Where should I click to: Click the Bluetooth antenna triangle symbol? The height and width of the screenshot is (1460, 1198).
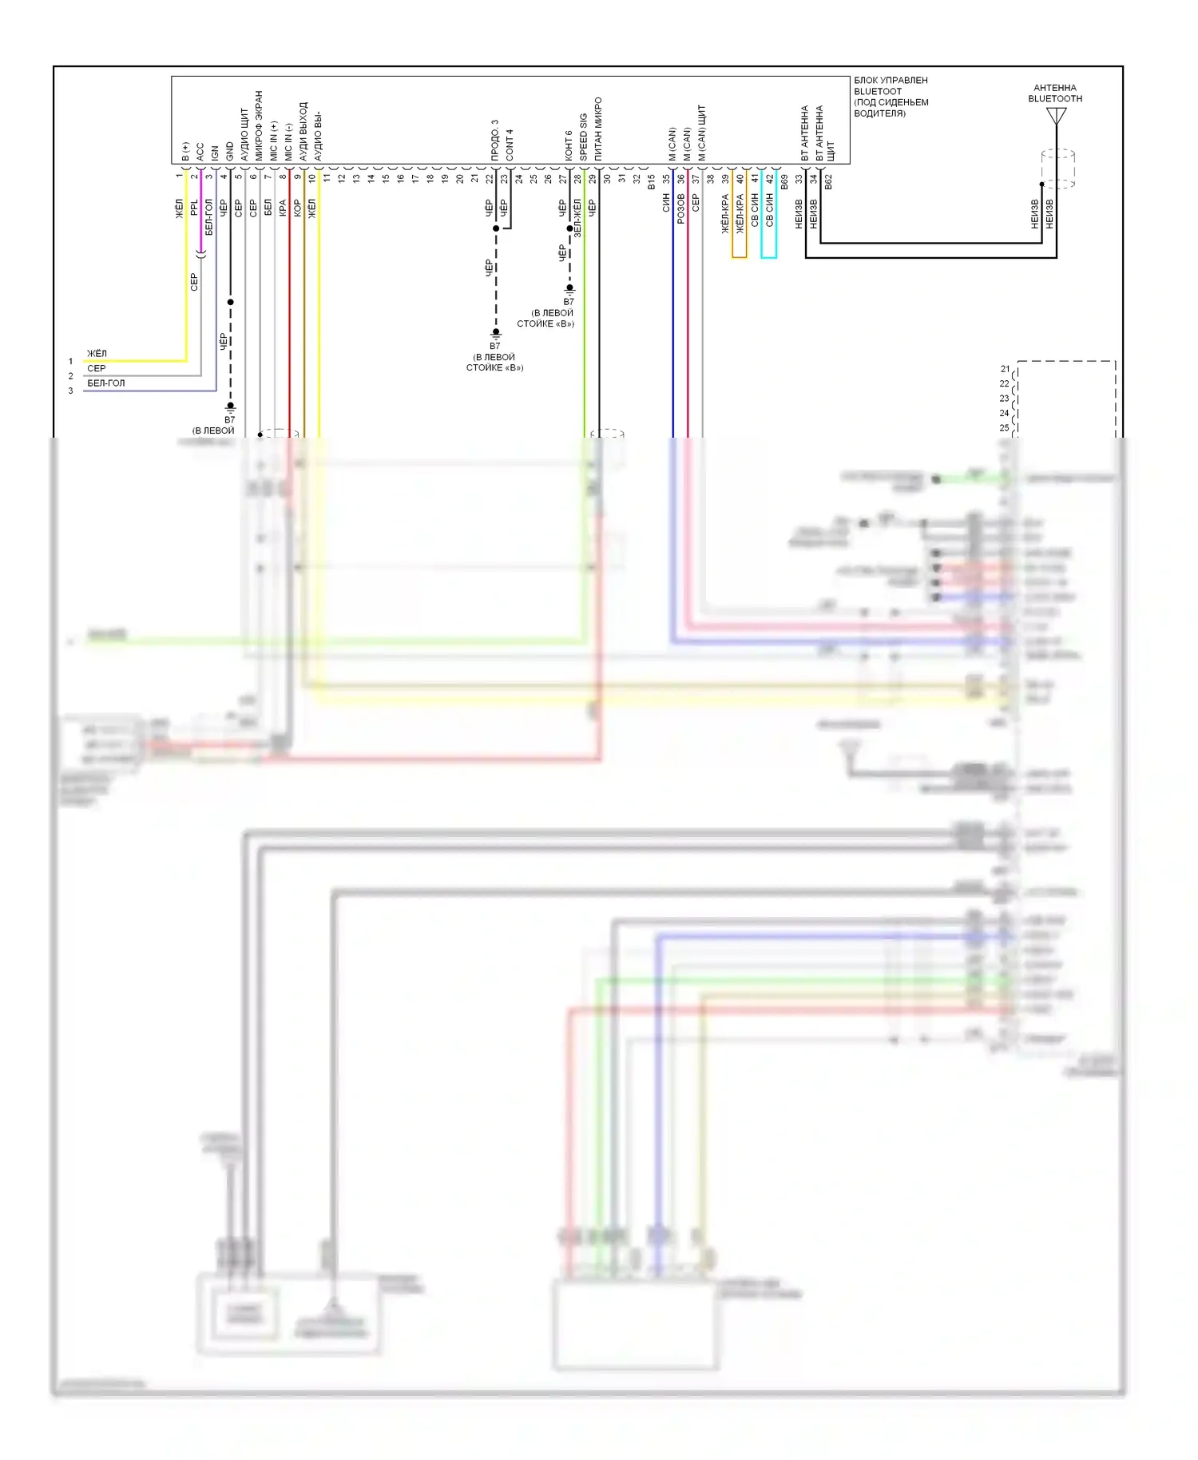tap(1056, 117)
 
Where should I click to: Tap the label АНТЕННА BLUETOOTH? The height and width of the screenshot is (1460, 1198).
tap(1055, 93)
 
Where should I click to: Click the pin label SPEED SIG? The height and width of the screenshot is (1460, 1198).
tap(584, 137)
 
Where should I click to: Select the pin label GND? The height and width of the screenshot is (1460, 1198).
tap(230, 151)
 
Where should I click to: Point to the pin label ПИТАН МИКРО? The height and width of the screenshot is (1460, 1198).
tap(598, 129)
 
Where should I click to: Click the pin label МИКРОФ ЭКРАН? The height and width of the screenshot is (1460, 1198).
tap(259, 126)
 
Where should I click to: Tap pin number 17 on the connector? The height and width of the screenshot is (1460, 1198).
tap(415, 179)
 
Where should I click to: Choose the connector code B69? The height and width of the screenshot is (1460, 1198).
tap(784, 182)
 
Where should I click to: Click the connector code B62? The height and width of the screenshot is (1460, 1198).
tap(829, 182)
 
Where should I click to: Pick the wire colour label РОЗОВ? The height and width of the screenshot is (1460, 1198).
tap(681, 208)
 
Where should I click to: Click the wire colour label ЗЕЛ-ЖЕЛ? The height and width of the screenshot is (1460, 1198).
tap(577, 217)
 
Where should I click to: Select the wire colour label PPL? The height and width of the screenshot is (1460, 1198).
tap(194, 207)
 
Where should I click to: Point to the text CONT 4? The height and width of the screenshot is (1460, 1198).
tap(510, 145)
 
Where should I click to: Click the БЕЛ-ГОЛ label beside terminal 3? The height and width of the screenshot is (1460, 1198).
tap(105, 383)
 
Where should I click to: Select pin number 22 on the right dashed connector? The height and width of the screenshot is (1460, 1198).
tap(1005, 384)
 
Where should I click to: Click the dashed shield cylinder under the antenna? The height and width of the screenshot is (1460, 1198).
tap(1057, 169)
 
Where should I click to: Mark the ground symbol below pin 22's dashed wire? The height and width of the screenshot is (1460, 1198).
tap(496, 333)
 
